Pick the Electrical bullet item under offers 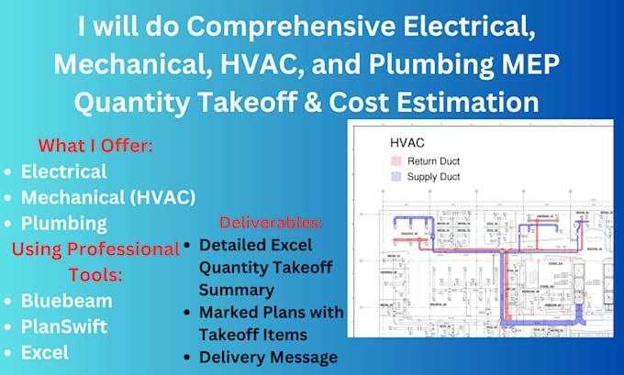click(x=63, y=171)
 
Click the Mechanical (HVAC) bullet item click(x=107, y=197)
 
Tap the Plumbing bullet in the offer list click(x=63, y=223)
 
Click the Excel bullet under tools click(x=45, y=352)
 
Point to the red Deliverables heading click(x=271, y=223)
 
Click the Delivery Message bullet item click(x=268, y=358)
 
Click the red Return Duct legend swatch click(x=397, y=160)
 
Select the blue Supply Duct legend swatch click(x=397, y=176)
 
